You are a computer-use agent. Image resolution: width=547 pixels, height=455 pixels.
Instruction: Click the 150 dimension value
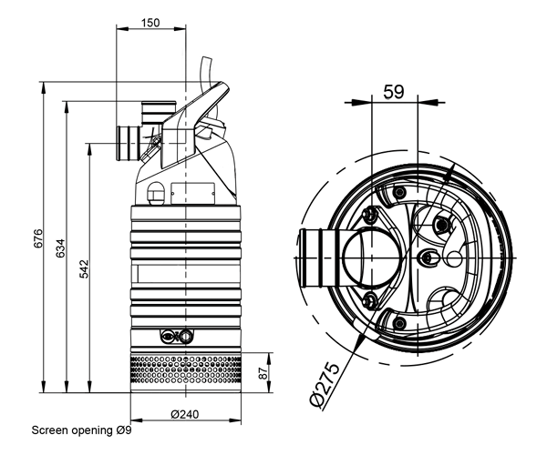pyautogui.click(x=150, y=23)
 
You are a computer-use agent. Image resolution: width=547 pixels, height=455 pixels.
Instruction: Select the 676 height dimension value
pyautogui.click(x=38, y=238)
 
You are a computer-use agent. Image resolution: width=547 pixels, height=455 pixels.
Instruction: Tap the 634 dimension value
pyautogui.click(x=61, y=248)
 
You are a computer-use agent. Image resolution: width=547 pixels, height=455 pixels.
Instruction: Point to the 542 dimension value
pyautogui.click(x=84, y=269)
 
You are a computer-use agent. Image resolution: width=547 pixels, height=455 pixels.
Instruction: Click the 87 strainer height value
pyautogui.click(x=264, y=373)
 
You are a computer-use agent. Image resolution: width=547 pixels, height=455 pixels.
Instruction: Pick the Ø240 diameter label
pyautogui.click(x=185, y=414)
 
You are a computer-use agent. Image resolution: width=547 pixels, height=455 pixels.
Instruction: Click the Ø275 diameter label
pyautogui.click(x=325, y=384)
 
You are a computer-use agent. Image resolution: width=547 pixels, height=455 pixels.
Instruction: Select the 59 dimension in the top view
pyautogui.click(x=394, y=92)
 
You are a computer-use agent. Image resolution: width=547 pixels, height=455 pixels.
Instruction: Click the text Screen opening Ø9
pyautogui.click(x=82, y=430)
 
